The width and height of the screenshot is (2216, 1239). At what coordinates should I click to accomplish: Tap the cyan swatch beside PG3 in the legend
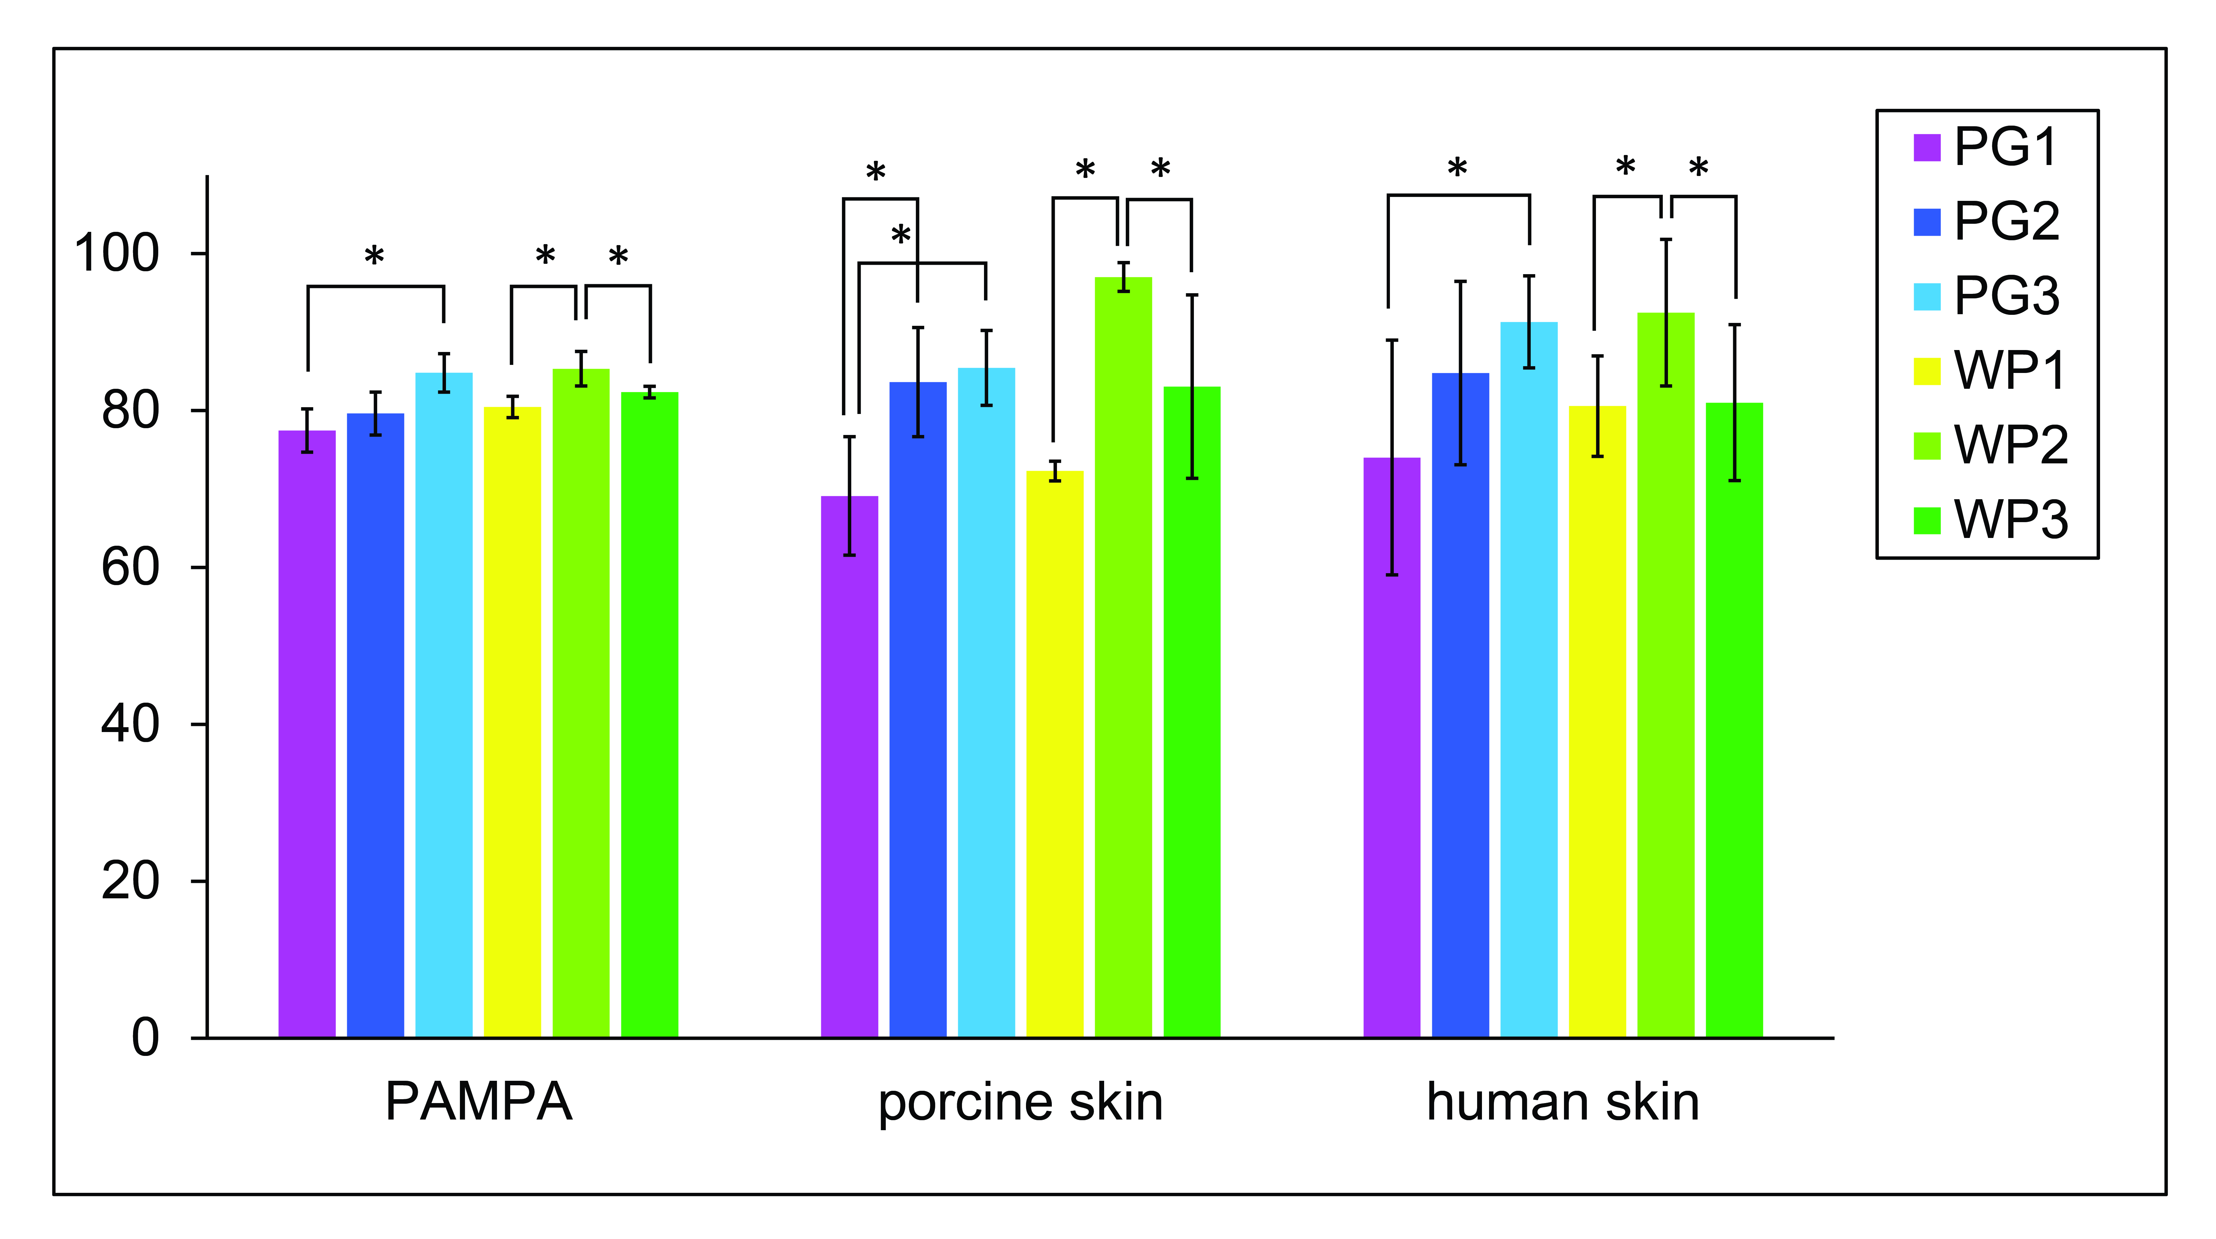click(x=1927, y=296)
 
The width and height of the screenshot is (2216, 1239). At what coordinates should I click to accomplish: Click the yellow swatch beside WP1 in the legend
click(x=1927, y=371)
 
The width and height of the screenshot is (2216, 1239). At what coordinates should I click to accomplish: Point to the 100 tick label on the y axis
click(x=117, y=254)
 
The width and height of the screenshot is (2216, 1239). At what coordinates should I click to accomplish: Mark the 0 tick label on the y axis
click(x=145, y=1038)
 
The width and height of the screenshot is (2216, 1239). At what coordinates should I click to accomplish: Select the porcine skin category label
click(x=1020, y=1102)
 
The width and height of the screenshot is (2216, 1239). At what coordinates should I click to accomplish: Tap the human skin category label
click(x=1562, y=1102)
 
